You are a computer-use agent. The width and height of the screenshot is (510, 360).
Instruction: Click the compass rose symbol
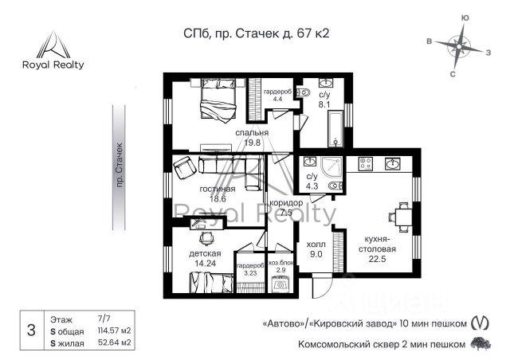459,46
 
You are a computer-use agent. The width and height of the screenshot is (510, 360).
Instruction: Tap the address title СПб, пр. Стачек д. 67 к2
257,33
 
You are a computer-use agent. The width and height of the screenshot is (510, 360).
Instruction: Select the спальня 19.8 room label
252,138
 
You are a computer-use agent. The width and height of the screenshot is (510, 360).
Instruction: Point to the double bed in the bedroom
218,100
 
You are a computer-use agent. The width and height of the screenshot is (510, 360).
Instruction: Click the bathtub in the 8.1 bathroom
335,128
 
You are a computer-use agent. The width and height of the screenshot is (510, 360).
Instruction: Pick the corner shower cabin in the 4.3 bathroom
331,168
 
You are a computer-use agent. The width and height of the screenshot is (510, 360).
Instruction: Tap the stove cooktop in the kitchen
365,163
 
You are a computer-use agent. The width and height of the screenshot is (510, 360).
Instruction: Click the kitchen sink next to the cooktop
393,163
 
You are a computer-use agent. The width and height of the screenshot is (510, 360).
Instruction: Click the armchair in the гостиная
185,167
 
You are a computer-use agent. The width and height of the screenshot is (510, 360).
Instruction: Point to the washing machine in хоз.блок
280,284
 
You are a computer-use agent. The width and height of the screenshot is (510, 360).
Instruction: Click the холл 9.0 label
316,249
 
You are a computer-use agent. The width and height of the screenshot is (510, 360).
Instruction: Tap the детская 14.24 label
205,258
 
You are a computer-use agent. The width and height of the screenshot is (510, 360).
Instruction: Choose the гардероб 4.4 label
277,95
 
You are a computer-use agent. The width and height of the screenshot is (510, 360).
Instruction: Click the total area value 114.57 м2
115,331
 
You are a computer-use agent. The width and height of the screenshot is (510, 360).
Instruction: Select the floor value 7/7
104,319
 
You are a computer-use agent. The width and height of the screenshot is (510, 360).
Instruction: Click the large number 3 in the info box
31,330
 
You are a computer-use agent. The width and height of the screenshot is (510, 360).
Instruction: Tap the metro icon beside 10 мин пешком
480,323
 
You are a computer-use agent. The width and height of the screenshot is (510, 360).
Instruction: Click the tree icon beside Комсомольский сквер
481,344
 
